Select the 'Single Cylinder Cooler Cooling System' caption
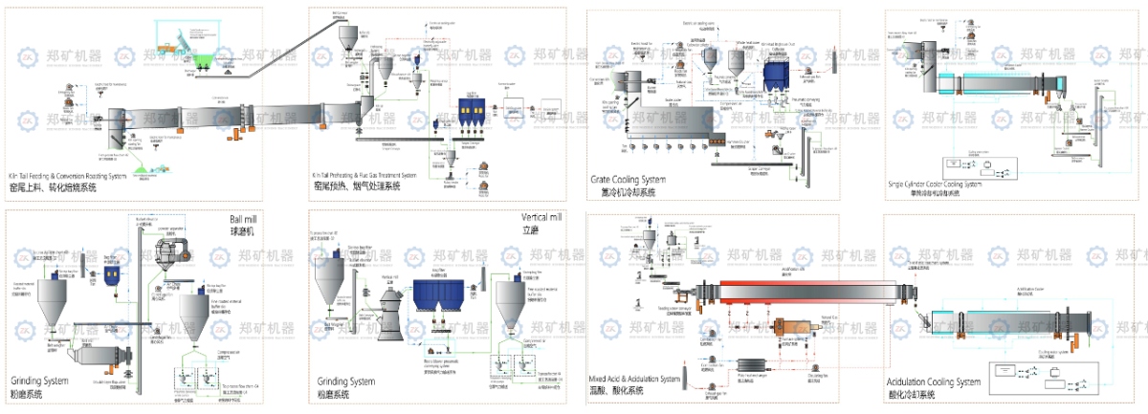click(936, 185)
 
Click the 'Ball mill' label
click(244, 219)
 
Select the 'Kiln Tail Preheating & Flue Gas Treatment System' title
click(364, 175)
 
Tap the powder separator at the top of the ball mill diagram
click(171, 251)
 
